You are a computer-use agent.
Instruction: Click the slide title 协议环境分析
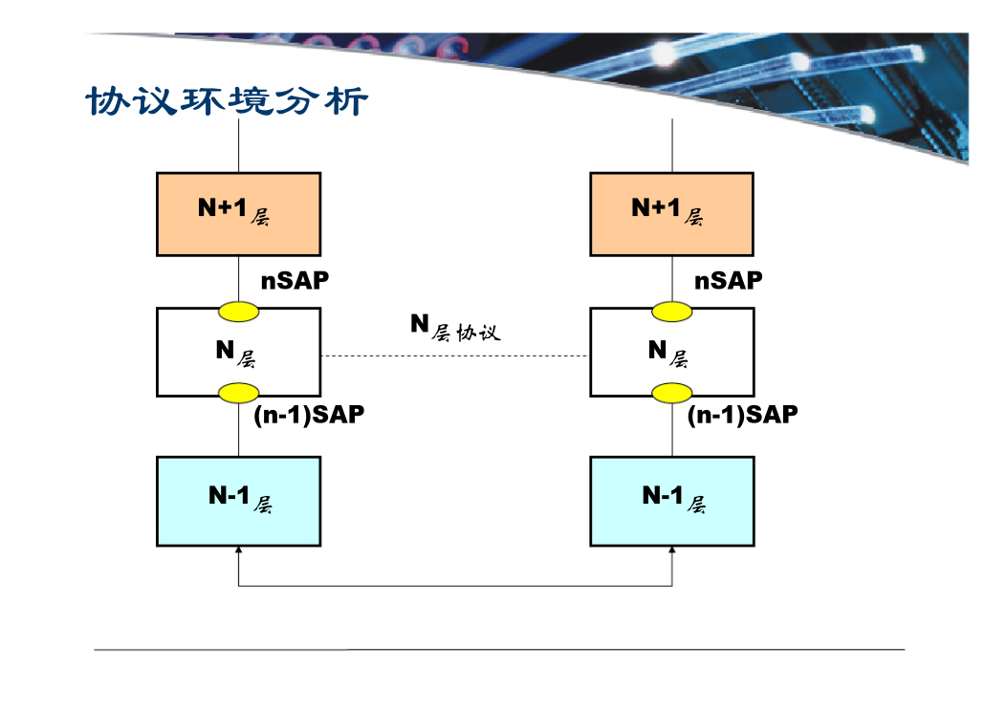click(227, 100)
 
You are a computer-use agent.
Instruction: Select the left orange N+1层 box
click(239, 214)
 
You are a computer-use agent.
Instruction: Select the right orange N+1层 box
click(671, 214)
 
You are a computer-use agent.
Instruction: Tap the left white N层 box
click(239, 352)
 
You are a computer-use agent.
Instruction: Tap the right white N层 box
click(671, 352)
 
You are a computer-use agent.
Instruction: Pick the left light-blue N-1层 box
click(239, 502)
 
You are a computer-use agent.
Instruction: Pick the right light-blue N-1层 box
click(671, 502)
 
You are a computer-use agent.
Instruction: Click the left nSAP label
click(295, 280)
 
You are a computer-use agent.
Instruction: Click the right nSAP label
click(729, 280)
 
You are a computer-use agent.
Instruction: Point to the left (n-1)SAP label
click(309, 415)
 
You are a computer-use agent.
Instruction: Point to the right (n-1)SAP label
click(743, 415)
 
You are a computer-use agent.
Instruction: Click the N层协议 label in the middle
click(455, 328)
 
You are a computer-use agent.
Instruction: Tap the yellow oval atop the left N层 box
click(239, 312)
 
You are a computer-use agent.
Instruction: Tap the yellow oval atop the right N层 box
click(671, 312)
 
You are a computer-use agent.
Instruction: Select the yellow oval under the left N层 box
click(239, 393)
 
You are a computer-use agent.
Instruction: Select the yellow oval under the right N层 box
click(671, 393)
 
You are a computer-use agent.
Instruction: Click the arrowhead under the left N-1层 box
click(239, 549)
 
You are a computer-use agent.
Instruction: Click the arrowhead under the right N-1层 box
click(671, 549)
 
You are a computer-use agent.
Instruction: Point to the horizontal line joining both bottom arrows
click(455, 586)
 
